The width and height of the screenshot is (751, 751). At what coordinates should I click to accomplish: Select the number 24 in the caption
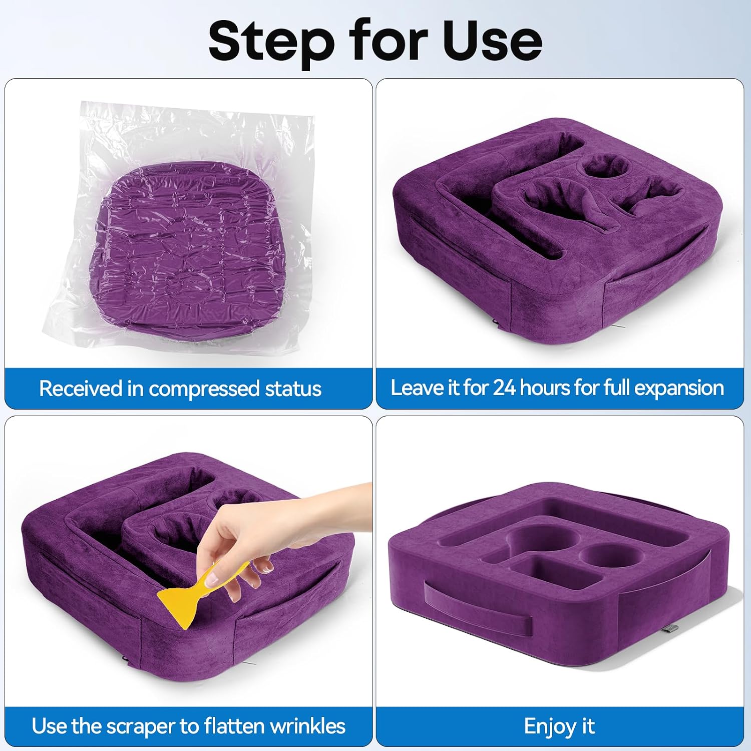504,388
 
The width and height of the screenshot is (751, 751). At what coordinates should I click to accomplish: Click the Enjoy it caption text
559,726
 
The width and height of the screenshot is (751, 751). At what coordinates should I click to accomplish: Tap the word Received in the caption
81,389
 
